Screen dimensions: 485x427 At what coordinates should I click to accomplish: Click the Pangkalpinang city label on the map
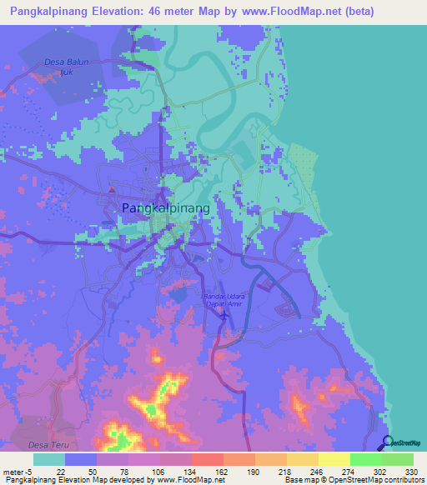165,208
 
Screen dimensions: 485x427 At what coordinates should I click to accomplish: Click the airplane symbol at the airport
223,317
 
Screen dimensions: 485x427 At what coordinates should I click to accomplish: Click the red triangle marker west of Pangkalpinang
112,189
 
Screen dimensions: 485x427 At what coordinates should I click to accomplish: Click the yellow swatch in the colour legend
334,459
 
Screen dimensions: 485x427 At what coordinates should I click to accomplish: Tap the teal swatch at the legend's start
49,459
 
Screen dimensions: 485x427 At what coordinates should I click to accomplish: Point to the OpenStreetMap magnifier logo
388,442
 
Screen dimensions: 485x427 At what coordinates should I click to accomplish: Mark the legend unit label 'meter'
12,472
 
